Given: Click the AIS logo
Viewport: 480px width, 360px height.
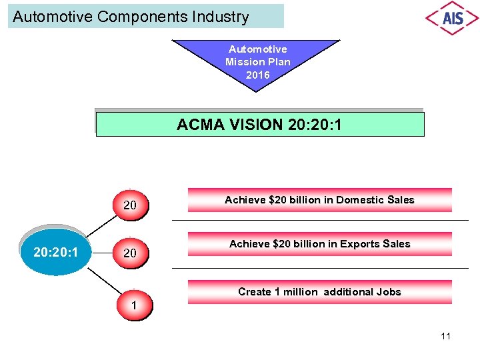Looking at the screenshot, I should [x=452, y=17].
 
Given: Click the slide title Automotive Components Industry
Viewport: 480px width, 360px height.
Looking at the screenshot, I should [x=131, y=17].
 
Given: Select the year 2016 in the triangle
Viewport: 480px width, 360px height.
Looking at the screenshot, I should [x=258, y=75].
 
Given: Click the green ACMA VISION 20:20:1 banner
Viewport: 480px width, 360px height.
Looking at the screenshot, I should [x=260, y=125].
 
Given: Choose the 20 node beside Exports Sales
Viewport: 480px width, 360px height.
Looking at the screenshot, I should [x=130, y=253].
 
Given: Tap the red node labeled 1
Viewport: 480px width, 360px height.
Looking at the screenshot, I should [x=135, y=305].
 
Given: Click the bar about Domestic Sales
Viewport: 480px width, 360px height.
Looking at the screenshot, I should [x=319, y=200].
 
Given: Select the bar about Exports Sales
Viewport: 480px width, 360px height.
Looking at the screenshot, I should [x=319, y=244].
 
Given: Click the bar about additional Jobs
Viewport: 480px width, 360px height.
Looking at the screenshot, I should [x=319, y=292].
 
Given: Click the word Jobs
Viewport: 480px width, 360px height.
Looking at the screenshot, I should [x=389, y=292].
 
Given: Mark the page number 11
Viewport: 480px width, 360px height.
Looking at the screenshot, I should [x=445, y=336].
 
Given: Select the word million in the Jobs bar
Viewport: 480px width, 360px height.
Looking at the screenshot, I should [x=301, y=292].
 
